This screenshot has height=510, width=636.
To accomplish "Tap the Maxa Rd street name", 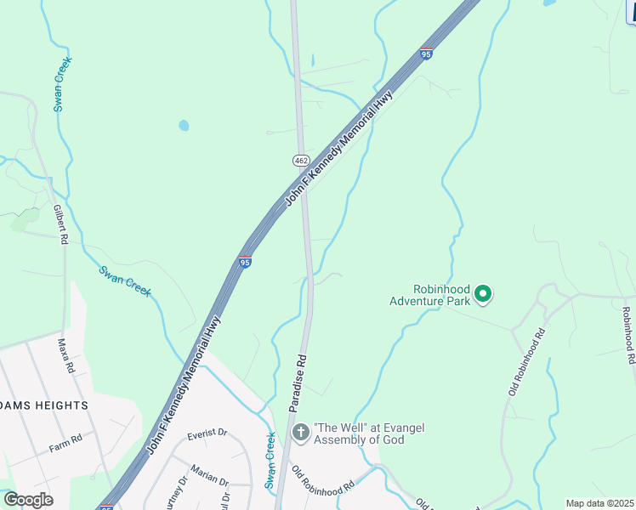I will (65, 356).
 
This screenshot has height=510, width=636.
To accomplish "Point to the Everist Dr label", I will (208, 433).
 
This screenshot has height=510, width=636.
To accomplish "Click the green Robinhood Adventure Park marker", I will (483, 294).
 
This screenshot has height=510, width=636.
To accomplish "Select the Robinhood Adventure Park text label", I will (430, 294).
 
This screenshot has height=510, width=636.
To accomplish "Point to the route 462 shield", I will (301, 160).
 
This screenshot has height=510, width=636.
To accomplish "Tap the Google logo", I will (28, 499).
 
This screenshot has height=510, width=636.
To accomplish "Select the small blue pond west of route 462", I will (184, 126).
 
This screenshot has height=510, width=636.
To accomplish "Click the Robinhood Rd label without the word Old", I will (627, 336).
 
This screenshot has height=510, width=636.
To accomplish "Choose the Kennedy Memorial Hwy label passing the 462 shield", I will (338, 150).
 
